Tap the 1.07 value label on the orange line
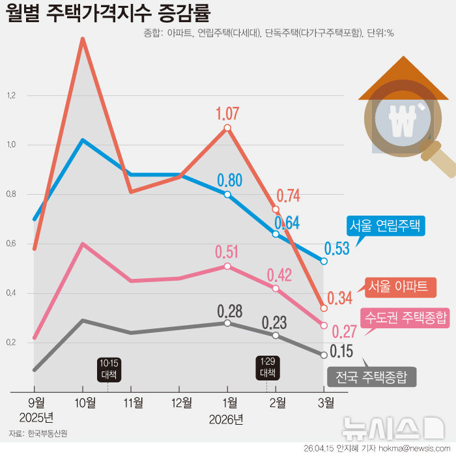[227, 113]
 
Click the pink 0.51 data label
[227, 252]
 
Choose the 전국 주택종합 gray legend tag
[371, 377]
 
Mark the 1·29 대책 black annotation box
[267, 368]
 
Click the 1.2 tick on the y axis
[11, 96]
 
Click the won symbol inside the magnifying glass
[402, 121]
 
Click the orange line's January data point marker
[227, 128]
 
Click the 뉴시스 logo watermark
[393, 428]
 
